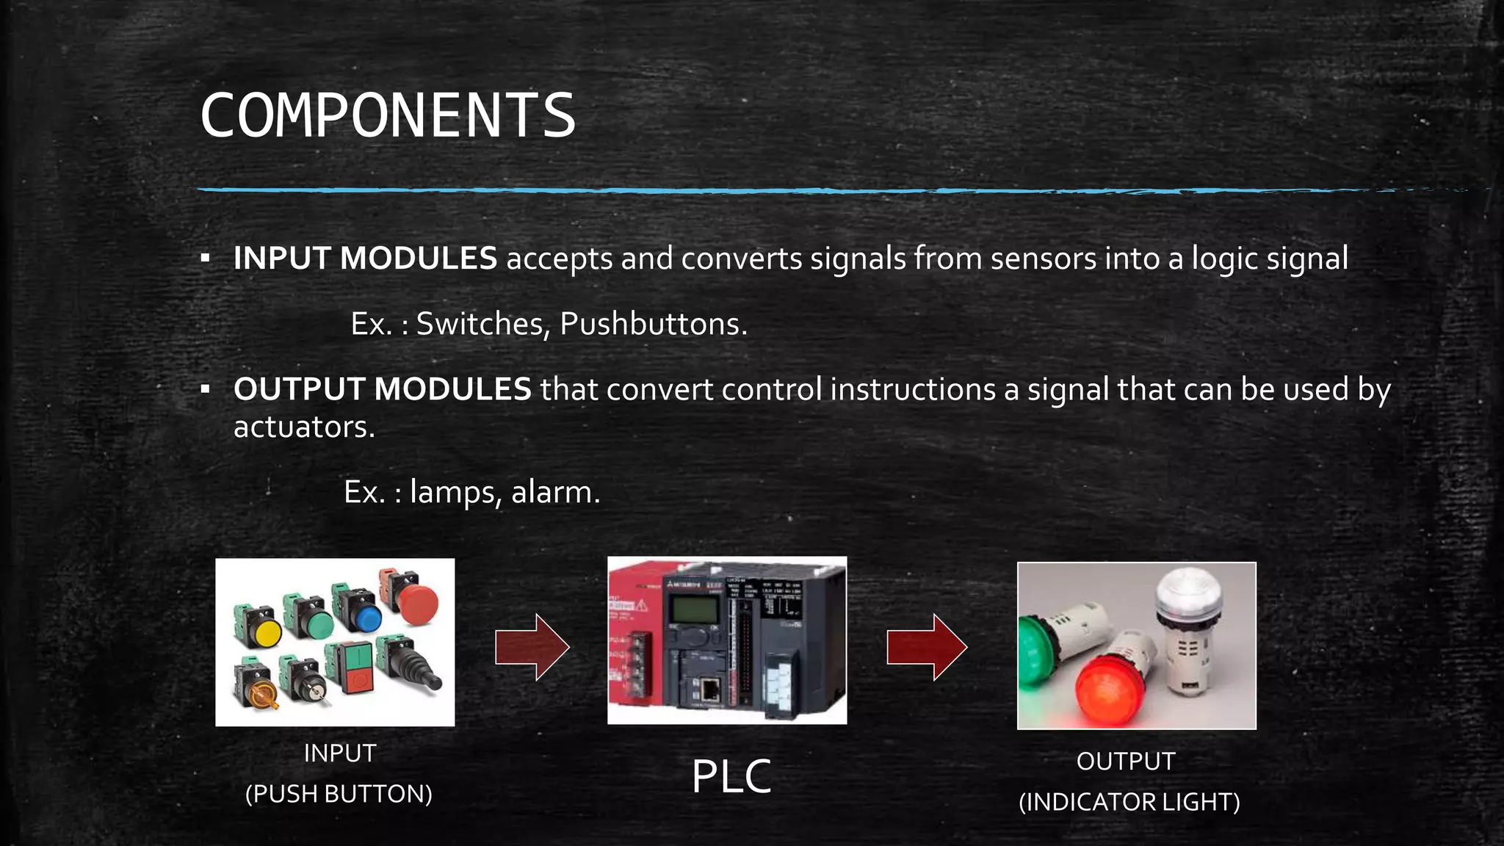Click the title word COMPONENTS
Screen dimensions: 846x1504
[388, 115]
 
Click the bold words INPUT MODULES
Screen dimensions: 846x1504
[365, 258]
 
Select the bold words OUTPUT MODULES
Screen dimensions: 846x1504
[382, 389]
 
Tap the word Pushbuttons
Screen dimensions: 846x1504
[653, 324]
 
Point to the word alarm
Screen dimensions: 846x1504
[555, 492]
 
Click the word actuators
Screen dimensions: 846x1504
[303, 427]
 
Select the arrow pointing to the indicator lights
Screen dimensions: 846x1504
[927, 647]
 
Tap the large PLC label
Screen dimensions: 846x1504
[731, 776]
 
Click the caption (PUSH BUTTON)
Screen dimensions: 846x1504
[339, 794]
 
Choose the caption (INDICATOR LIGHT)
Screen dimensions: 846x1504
[1129, 802]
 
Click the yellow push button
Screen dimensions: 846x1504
[264, 633]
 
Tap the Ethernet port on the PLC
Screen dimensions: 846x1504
[710, 690]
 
